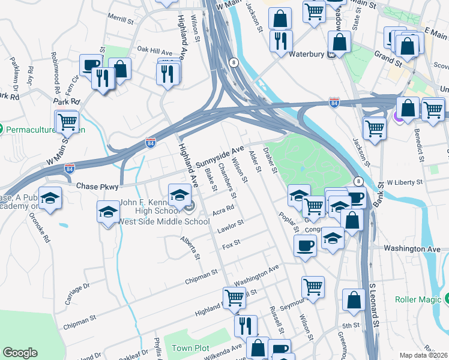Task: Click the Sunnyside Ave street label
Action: point(223,157)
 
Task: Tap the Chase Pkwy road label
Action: point(98,187)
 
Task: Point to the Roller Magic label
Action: point(418,299)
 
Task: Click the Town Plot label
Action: point(190,348)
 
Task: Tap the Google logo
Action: point(20,353)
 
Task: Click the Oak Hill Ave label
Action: point(155,50)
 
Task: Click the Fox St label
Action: point(231,243)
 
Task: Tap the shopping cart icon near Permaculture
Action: point(67,121)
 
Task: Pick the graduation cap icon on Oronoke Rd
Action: point(50,198)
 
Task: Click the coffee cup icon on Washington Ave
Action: point(306,245)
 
